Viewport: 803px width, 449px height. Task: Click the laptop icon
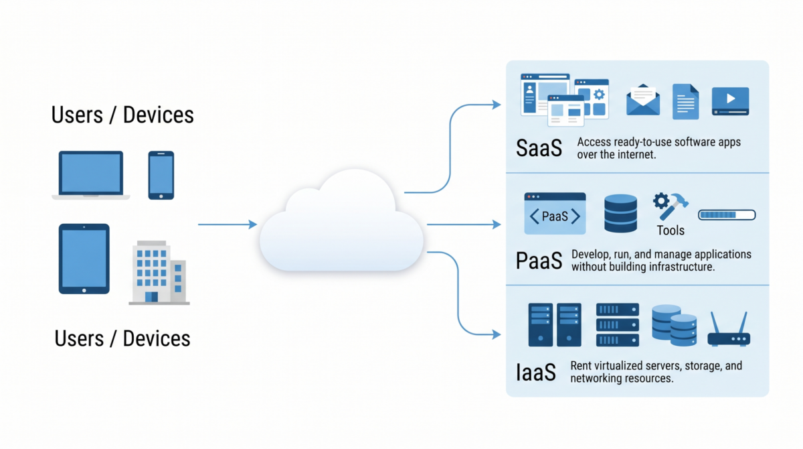click(x=91, y=175)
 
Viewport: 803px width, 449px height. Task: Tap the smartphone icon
click(x=161, y=175)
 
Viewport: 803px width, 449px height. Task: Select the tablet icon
click(x=84, y=259)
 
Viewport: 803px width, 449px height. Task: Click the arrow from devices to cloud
click(x=228, y=224)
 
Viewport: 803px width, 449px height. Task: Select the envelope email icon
click(x=643, y=101)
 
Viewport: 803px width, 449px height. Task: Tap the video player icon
click(x=730, y=101)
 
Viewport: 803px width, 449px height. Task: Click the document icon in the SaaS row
click(x=685, y=102)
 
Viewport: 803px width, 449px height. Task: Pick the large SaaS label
click(x=539, y=148)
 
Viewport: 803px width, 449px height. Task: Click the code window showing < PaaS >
click(x=555, y=214)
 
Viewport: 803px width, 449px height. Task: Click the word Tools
click(x=671, y=231)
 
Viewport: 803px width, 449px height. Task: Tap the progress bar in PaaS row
click(x=727, y=215)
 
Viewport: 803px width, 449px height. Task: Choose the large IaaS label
click(x=536, y=372)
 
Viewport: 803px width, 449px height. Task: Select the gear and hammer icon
click(x=670, y=206)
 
